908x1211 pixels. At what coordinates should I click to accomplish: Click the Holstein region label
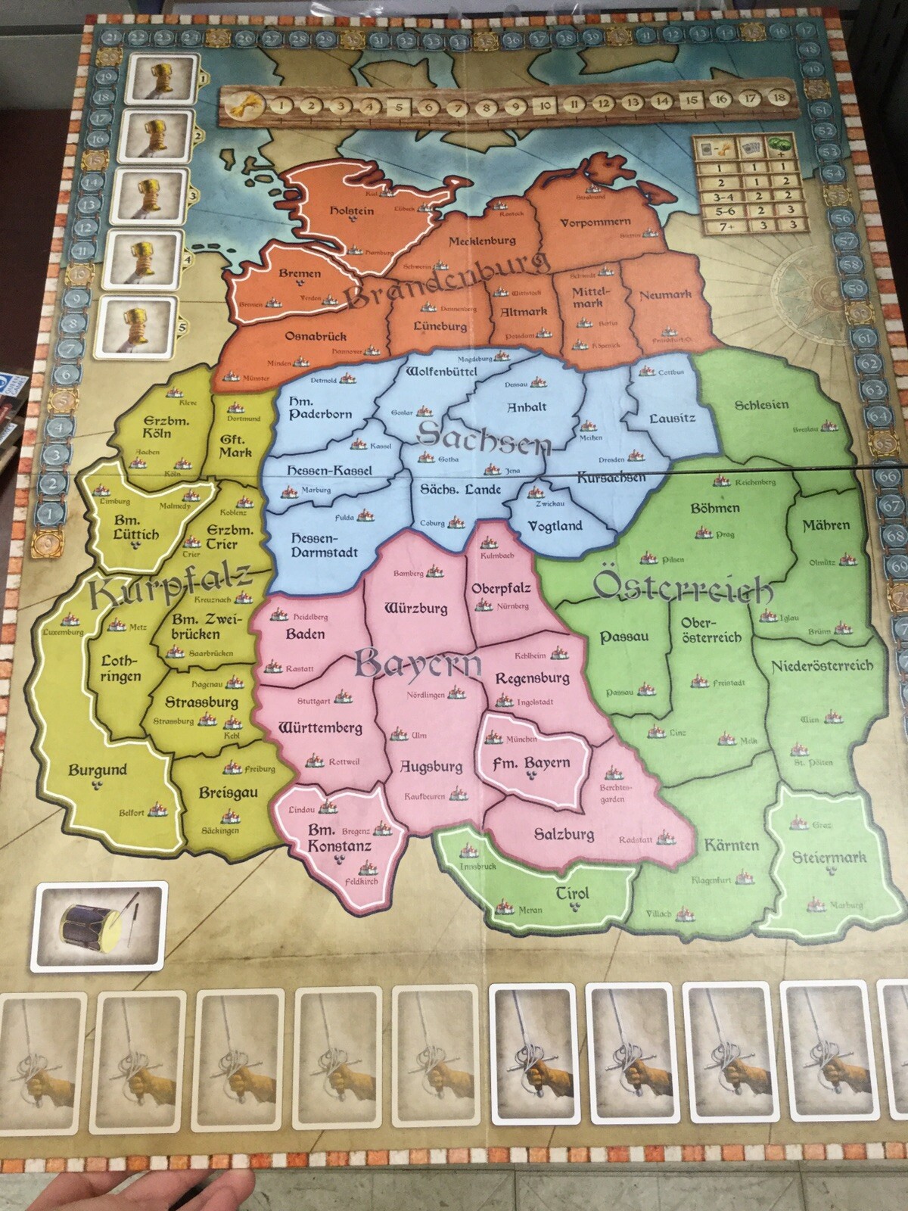[x=352, y=210]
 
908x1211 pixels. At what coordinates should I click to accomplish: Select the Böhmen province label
[x=714, y=508]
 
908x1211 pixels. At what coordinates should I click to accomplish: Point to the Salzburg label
[x=564, y=834]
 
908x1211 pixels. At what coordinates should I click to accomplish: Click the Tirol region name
[x=572, y=893]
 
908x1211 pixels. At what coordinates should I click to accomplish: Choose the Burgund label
[x=98, y=770]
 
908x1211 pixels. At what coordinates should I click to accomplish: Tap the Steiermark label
[x=829, y=858]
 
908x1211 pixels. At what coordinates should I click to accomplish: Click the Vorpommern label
[x=595, y=223]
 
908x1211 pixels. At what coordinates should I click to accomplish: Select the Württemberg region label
[x=320, y=728]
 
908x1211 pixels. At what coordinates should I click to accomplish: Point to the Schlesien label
[x=761, y=404]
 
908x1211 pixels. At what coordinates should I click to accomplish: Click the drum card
[x=99, y=926]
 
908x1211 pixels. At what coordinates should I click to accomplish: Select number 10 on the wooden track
[x=546, y=106]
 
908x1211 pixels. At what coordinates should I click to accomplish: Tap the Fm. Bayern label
[x=530, y=763]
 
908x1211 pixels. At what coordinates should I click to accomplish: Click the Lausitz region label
[x=672, y=417]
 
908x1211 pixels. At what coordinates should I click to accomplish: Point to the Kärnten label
[x=731, y=845]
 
